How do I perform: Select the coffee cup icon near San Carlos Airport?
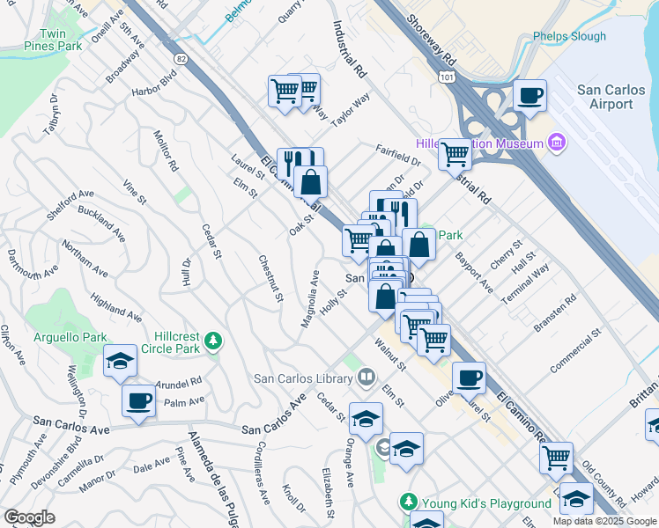tap(530, 95)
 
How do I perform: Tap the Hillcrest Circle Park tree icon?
tap(211, 341)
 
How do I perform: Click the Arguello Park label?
tap(70, 337)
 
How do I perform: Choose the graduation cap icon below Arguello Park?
tap(120, 360)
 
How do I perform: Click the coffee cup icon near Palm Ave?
tap(138, 401)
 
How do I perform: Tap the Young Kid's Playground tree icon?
tap(408, 502)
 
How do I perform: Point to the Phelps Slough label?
tap(569, 37)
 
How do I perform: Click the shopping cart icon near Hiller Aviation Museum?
tap(455, 154)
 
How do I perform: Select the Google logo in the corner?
tap(29, 517)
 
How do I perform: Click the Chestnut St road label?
tap(270, 279)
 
